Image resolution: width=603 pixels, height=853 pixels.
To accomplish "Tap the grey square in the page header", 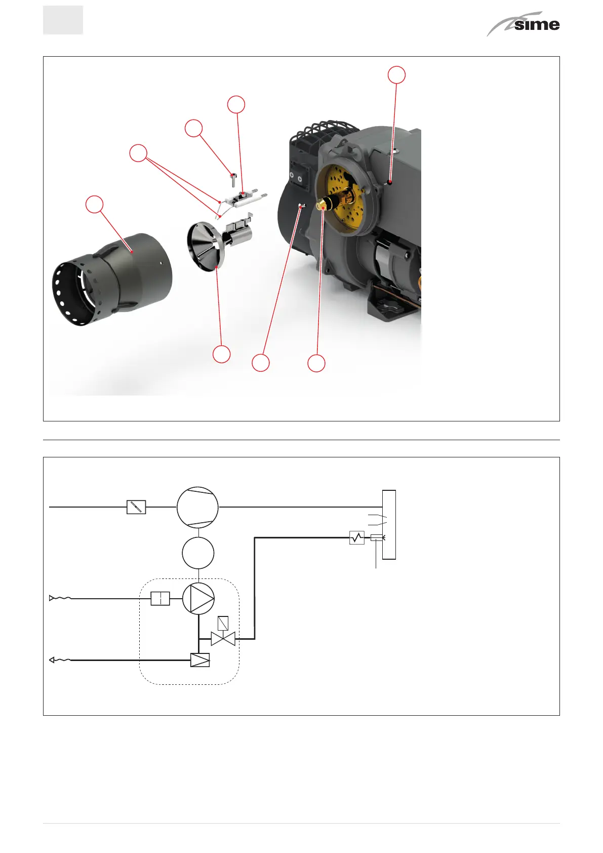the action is click(x=63, y=20).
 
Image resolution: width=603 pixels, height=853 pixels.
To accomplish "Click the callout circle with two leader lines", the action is click(x=138, y=153).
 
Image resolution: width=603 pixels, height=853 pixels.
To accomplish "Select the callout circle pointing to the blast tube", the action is click(x=94, y=204).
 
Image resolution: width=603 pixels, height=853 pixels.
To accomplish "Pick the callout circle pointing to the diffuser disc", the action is click(x=221, y=354).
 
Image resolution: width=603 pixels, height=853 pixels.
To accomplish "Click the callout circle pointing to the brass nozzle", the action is click(x=316, y=363).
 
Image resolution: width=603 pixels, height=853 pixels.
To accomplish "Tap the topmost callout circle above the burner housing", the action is click(x=397, y=74).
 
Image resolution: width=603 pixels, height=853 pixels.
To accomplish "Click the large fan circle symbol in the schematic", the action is click(x=197, y=507).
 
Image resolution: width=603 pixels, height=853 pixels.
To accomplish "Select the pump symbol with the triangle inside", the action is click(x=198, y=598).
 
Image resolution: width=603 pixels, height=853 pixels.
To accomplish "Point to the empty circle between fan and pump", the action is click(x=198, y=553).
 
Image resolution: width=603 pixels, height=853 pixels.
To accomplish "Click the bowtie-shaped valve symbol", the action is click(x=223, y=639).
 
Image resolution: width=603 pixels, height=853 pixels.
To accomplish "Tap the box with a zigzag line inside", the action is click(x=357, y=537).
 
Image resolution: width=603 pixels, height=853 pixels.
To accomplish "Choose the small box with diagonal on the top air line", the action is click(x=136, y=507).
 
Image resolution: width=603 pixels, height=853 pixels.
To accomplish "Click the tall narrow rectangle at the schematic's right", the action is click(x=389, y=525).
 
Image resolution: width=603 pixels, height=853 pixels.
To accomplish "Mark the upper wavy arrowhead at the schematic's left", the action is click(x=53, y=598).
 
